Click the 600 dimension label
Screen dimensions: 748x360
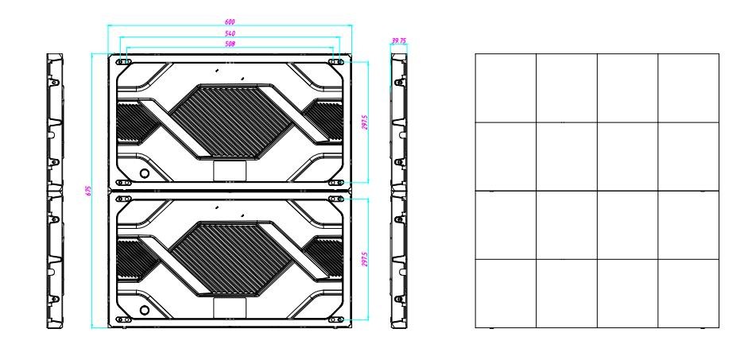230,22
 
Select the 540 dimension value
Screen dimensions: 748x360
230,33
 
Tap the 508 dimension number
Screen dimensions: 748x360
230,44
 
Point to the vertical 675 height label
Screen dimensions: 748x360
88,191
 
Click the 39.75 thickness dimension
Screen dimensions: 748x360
398,41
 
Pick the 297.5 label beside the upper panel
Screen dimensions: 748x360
365,122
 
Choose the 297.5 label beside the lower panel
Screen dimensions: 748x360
365,259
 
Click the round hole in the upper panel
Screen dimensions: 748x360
144,172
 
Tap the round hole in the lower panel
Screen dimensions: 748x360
144,310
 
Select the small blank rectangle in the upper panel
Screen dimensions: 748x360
230,171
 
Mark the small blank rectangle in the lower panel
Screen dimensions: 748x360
230,308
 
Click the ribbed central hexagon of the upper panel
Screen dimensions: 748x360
230,121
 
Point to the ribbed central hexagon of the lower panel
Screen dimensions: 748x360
230,258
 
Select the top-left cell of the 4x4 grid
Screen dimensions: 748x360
506,87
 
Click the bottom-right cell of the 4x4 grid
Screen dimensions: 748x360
688,293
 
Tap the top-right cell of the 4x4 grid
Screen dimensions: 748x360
688,87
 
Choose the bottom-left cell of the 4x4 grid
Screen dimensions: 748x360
506,293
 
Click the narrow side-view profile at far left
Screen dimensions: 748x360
54,191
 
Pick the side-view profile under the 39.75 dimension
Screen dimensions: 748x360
399,191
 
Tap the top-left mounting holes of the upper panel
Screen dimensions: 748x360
123,62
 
